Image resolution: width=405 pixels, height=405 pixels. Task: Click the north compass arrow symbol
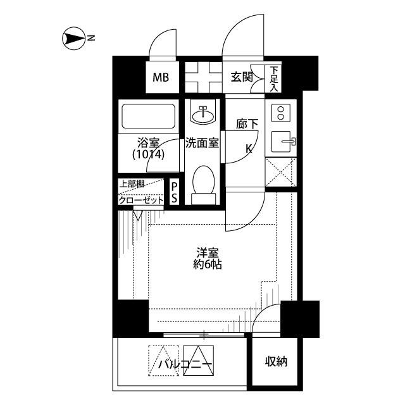pos(74,39)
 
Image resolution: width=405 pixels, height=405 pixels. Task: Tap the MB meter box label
pos(161,77)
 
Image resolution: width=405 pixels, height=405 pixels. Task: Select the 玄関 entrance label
pos(242,77)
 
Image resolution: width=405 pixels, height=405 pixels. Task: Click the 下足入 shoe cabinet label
pos(274,79)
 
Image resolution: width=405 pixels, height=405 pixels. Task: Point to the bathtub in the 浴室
pos(148,116)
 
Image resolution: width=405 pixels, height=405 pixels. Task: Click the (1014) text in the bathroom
pos(148,154)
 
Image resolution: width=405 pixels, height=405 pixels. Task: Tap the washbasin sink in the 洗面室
pos(202,114)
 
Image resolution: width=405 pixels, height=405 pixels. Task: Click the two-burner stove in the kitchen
pos(281,113)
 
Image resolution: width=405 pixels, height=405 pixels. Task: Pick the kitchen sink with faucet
pos(283,141)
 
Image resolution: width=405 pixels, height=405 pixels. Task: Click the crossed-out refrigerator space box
pos(281,172)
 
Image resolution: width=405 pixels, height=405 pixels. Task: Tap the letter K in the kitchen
pos(249,149)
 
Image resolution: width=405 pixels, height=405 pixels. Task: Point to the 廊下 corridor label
pos(247,124)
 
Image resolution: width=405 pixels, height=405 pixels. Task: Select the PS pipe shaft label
pos(175,192)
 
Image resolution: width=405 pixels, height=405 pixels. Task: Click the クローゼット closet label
pos(141,200)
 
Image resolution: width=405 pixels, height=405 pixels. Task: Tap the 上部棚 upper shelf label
pos(132,184)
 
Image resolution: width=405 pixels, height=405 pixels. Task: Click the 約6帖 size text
pos(208,265)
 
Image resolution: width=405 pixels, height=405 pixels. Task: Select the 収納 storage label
pos(276,361)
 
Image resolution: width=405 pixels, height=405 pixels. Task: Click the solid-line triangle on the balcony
pos(198,361)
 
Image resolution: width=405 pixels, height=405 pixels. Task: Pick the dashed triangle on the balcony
pos(163,361)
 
